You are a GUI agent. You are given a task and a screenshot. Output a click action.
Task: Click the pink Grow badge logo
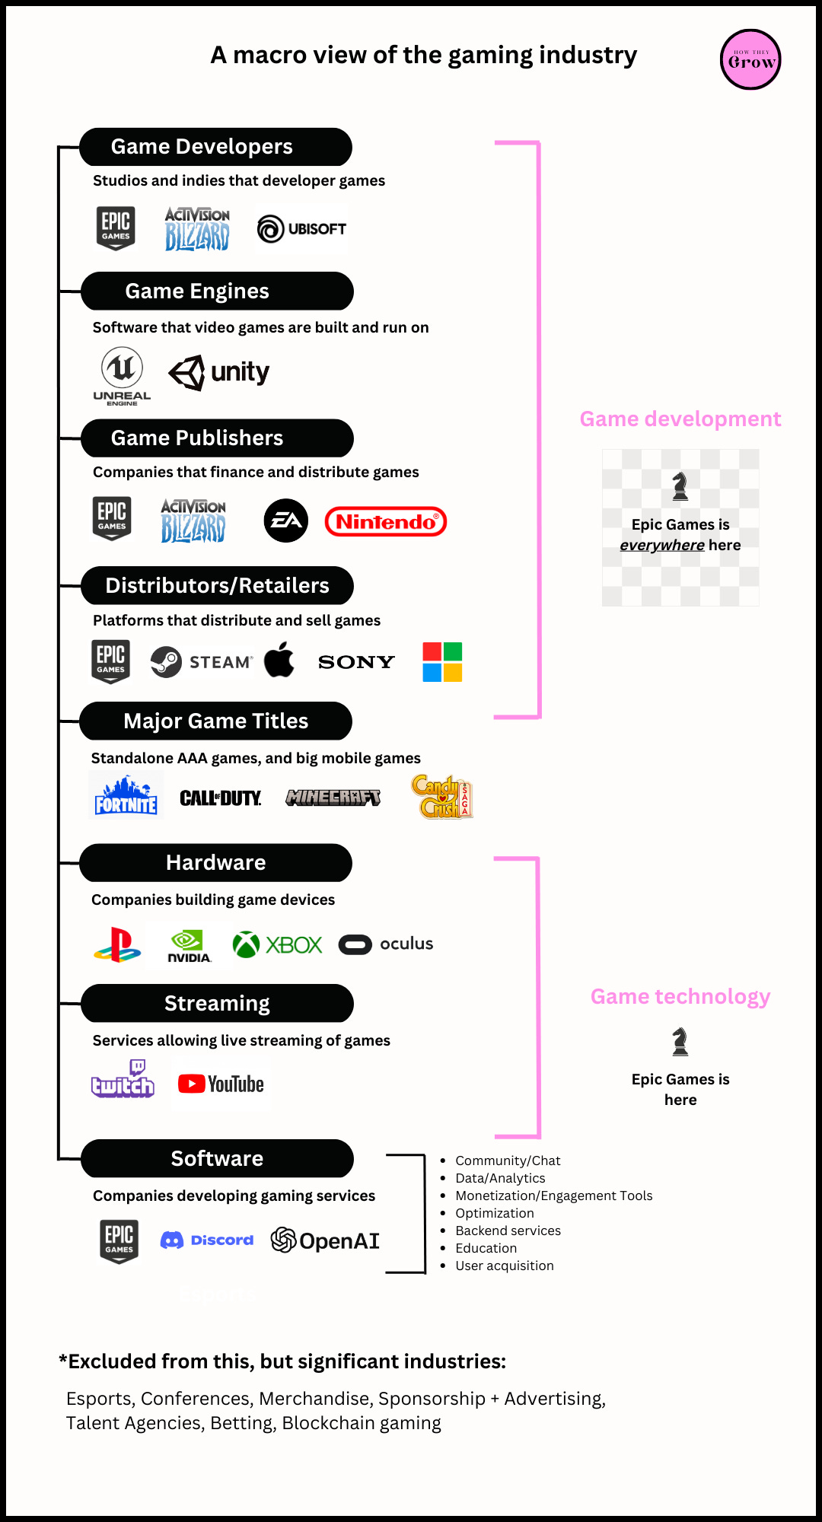750,59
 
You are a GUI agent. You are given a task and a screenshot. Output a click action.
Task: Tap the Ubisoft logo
302,228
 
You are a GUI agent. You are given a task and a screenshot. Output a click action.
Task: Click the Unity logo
219,372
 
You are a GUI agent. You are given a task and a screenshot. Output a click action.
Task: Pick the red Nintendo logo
386,521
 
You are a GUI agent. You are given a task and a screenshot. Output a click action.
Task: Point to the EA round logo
285,521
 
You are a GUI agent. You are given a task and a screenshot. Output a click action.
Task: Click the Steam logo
200,661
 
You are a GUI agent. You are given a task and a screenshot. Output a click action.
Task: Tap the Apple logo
279,659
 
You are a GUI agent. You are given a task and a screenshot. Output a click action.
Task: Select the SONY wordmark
356,662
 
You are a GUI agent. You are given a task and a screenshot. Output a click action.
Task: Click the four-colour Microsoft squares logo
442,661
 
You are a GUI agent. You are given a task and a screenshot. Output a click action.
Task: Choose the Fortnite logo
126,796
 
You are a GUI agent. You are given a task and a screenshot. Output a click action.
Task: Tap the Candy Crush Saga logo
442,797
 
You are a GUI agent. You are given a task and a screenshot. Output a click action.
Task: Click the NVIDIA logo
188,946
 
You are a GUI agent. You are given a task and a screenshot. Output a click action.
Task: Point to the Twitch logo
123,1079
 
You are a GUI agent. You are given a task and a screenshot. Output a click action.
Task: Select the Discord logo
207,1240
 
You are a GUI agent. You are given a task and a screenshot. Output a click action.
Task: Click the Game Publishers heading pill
217,438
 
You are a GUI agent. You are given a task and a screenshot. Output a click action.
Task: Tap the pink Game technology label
680,996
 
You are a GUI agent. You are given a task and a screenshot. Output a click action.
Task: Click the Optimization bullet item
495,1213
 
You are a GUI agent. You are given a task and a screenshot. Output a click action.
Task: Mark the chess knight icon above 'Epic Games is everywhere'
680,486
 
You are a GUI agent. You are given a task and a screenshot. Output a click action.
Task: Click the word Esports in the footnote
100,1399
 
